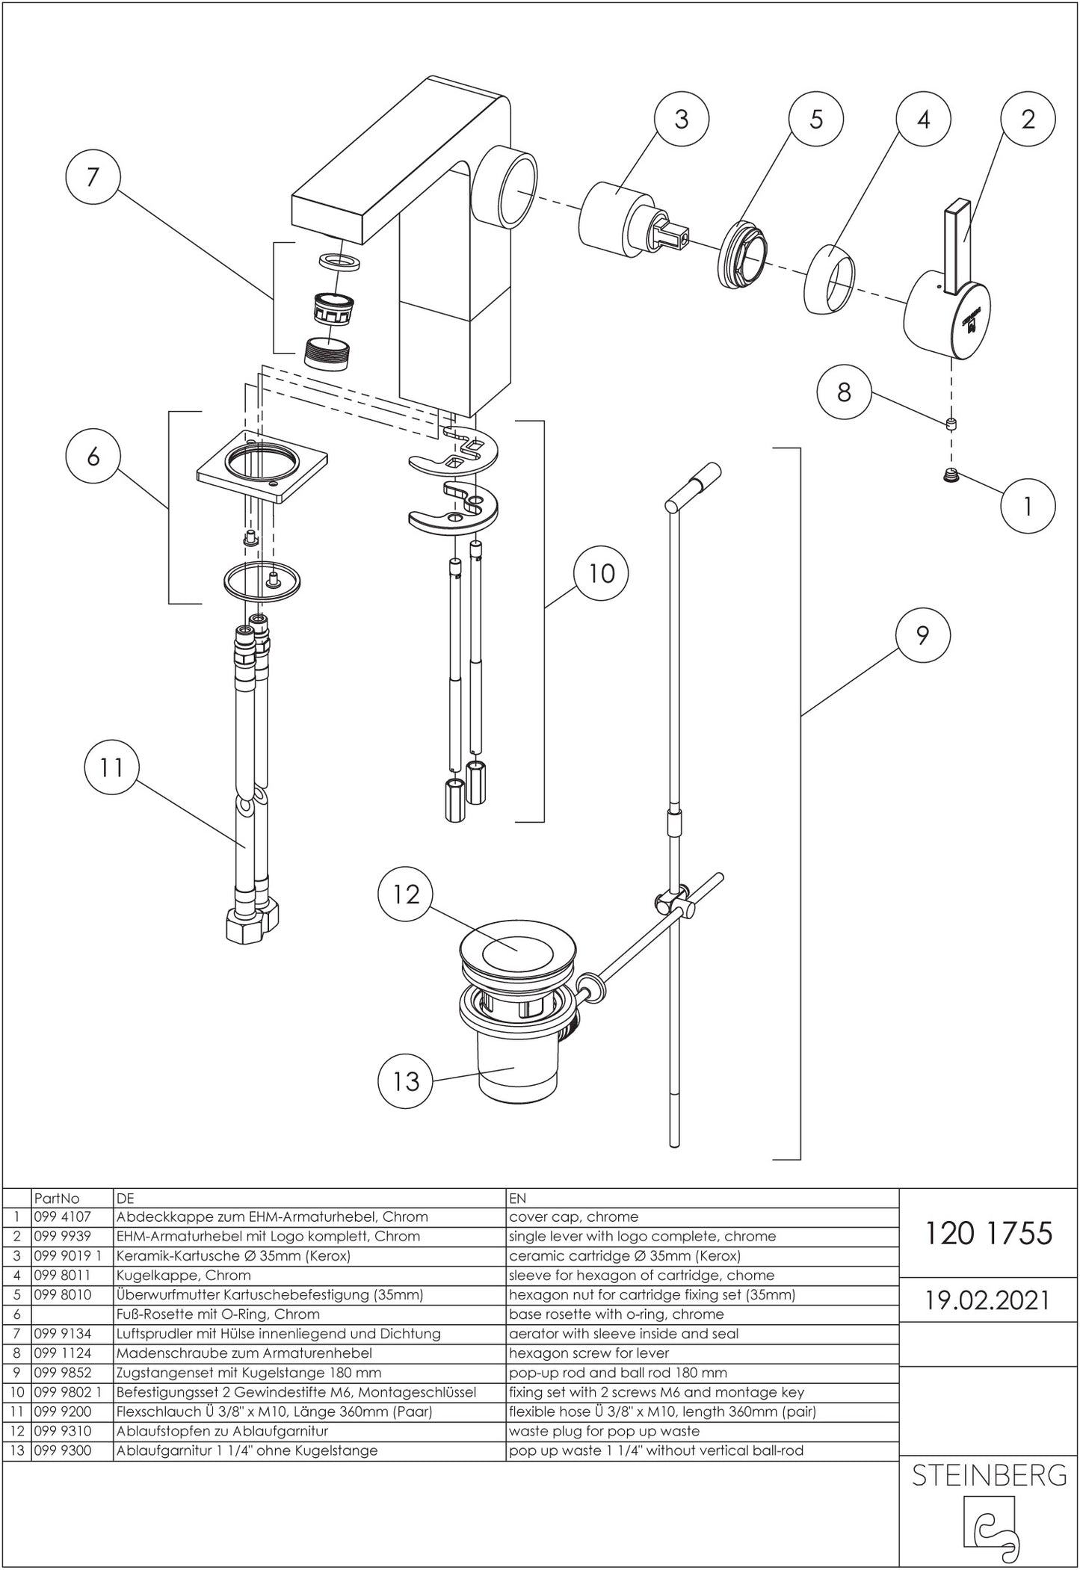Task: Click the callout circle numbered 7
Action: coord(93,178)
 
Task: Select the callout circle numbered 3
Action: coord(681,120)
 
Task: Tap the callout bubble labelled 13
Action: coord(407,1081)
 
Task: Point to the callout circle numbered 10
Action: coord(601,574)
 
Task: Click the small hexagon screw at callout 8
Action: coord(951,425)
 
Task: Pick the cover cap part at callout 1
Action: coord(951,475)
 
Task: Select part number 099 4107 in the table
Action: coord(62,1217)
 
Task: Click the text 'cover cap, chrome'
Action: coord(573,1217)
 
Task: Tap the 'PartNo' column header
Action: coord(57,1198)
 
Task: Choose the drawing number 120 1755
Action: coord(988,1234)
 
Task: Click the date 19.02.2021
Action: coord(988,1300)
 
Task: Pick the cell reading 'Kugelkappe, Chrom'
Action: coord(183,1275)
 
